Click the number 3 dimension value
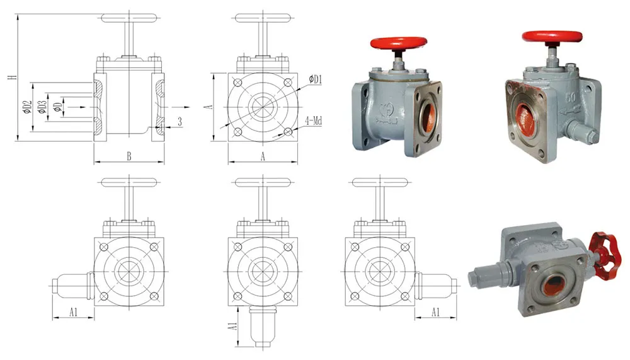180,122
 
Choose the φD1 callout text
316,79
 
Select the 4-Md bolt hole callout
313,120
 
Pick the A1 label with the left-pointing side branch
72,311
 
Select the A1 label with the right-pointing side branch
435,311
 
